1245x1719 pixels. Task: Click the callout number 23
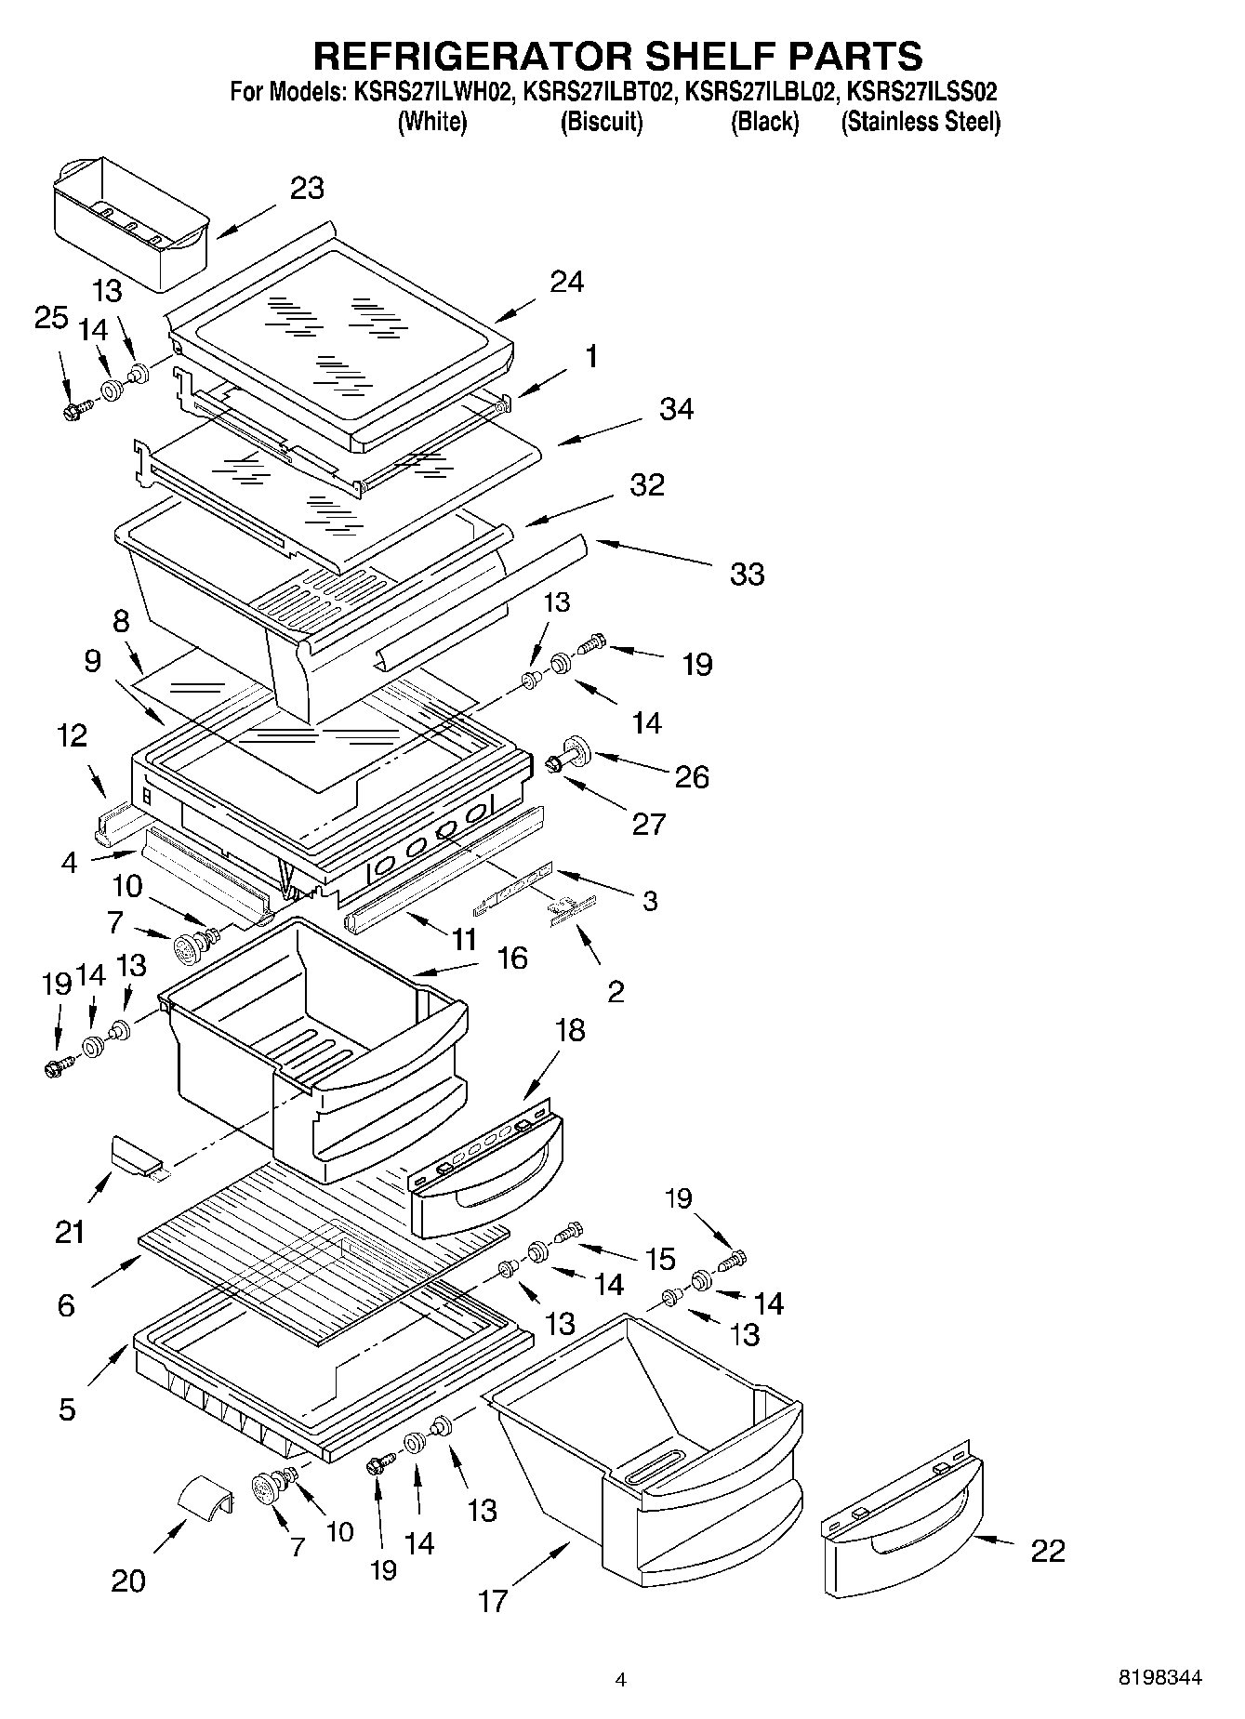point(307,189)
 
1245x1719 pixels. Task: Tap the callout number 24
point(565,282)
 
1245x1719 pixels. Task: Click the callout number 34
point(676,409)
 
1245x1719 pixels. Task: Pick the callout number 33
point(747,574)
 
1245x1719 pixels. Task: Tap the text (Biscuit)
point(601,122)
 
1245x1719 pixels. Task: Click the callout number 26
point(691,777)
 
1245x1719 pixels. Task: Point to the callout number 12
point(72,735)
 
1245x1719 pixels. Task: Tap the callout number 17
point(493,1601)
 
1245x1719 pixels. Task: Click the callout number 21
point(70,1233)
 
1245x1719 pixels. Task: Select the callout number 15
point(659,1260)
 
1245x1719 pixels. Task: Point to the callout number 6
point(65,1306)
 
